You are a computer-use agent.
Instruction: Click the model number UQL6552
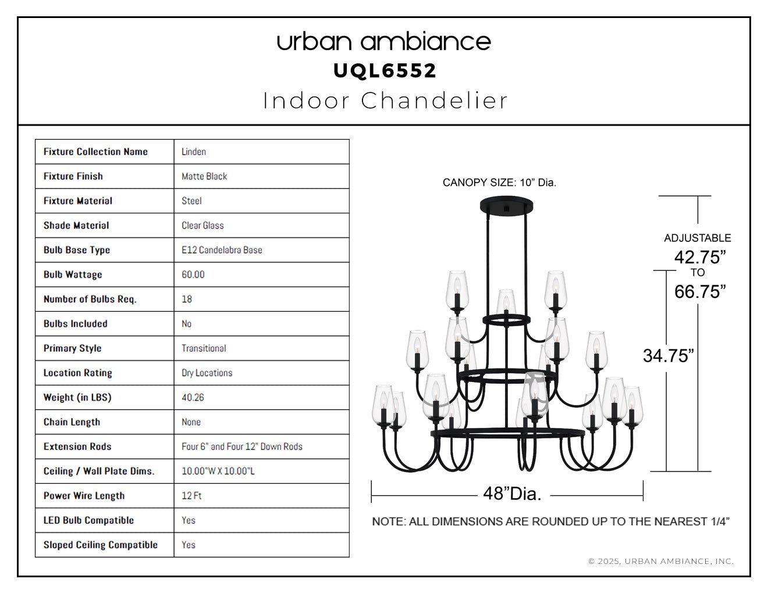385,71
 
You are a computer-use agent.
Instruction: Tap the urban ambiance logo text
384,42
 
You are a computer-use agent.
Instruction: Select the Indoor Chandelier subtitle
385,101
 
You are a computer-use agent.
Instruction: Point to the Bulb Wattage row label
73,274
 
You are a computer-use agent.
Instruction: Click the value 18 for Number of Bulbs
187,299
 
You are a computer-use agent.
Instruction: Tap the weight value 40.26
193,397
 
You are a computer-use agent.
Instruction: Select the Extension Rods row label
77,446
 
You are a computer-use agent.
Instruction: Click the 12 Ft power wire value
191,495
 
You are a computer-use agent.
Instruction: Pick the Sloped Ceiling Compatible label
101,545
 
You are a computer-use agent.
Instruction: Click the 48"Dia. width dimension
512,494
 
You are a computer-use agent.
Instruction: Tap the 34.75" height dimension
669,356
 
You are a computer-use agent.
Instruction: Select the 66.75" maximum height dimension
700,292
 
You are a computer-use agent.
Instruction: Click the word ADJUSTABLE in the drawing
698,238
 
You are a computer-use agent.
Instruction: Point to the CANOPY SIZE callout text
499,183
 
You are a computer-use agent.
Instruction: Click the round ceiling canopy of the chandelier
506,206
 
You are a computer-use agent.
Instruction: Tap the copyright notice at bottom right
661,561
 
